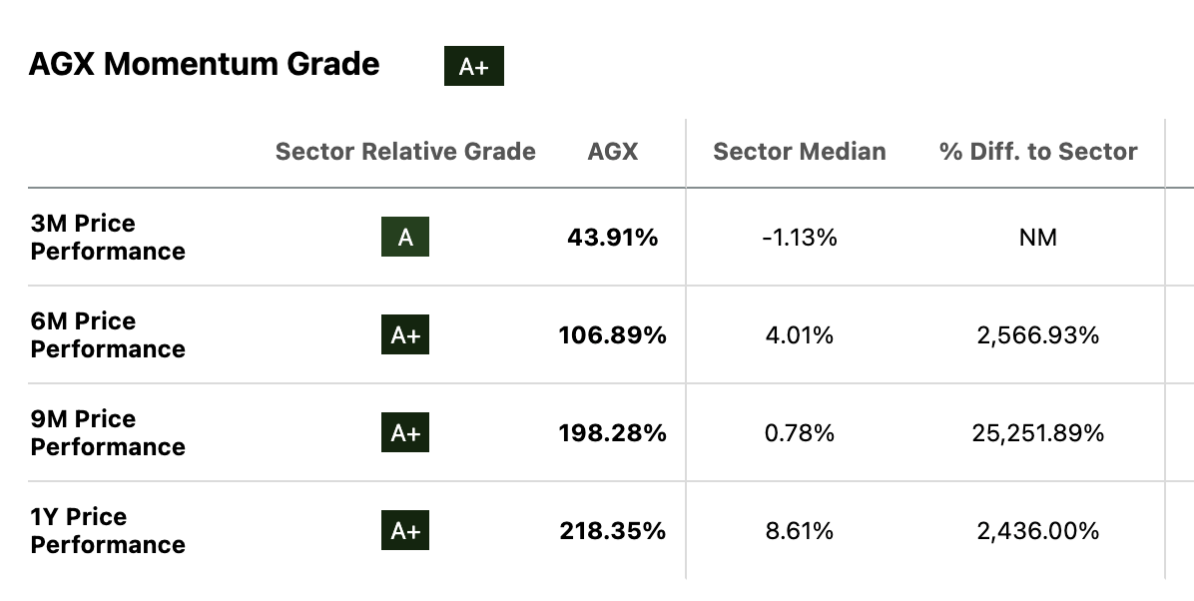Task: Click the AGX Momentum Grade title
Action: click(x=204, y=65)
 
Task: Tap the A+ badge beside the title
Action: click(x=474, y=67)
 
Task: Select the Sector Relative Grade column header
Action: click(x=405, y=152)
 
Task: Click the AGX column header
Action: click(x=613, y=152)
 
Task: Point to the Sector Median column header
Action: click(x=799, y=152)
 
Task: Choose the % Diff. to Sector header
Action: click(x=1038, y=152)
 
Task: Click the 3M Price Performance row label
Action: click(x=108, y=238)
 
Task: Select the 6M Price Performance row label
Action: click(x=108, y=335)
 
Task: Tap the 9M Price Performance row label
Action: click(x=108, y=433)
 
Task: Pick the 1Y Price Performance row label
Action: click(x=108, y=531)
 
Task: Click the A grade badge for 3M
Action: click(x=405, y=238)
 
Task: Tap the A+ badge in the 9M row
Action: click(x=405, y=433)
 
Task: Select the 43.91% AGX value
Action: click(x=613, y=238)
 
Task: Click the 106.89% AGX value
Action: click(x=612, y=335)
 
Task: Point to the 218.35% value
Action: click(x=612, y=531)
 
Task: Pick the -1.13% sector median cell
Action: click(x=799, y=238)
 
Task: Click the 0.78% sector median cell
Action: click(x=799, y=433)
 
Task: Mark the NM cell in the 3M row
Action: click(x=1038, y=238)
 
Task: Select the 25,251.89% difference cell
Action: click(x=1038, y=433)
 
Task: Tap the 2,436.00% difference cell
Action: click(x=1038, y=531)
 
